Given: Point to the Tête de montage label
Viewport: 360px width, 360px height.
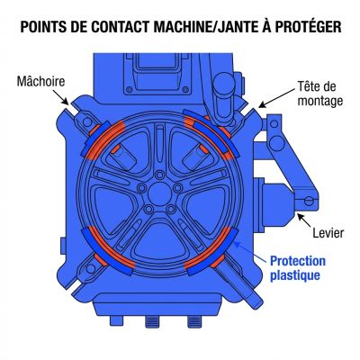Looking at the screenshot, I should (x=319, y=94).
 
